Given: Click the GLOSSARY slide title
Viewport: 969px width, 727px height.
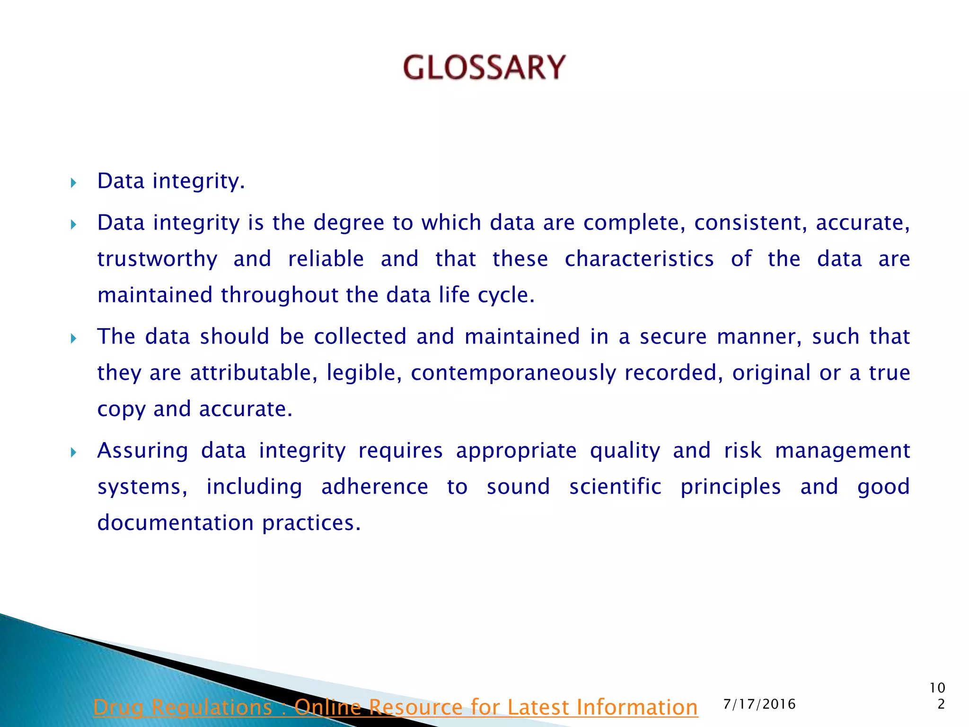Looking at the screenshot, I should [484, 67].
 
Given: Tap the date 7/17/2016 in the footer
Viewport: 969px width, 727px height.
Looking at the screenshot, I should [759, 704].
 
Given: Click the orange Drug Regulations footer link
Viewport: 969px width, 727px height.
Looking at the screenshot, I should [396, 707].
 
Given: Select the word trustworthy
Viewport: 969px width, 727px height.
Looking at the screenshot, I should [157, 259].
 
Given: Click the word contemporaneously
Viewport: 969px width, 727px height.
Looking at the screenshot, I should [513, 373].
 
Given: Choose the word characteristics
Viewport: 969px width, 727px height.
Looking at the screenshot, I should [639, 259].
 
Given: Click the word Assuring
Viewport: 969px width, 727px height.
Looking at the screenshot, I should [142, 451].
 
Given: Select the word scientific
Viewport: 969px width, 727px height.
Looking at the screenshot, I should [615, 487].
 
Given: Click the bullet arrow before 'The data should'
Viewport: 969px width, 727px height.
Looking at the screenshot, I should [73, 338].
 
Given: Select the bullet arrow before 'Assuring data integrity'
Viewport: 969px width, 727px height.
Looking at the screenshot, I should [73, 452].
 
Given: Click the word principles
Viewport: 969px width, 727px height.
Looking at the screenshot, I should [731, 487].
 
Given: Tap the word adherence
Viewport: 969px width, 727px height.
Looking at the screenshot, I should [375, 487].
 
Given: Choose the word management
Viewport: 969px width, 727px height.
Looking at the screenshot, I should [842, 451].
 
